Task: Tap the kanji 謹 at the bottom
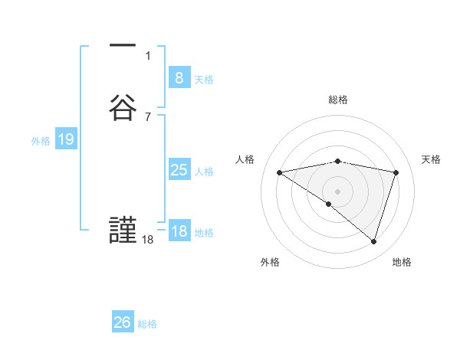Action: [x=123, y=231]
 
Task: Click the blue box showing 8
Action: [x=179, y=78]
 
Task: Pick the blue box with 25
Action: [x=179, y=170]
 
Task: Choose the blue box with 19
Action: [x=65, y=139]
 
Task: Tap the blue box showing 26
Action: [x=123, y=322]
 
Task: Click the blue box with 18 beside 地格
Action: [x=179, y=231]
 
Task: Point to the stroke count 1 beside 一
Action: [x=148, y=55]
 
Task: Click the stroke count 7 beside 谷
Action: [x=148, y=116]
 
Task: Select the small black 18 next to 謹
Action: [x=148, y=240]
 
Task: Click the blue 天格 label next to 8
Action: [x=204, y=79]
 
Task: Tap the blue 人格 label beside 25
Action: [x=204, y=171]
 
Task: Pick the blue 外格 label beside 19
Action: [x=41, y=140]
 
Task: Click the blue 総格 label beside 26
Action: [x=147, y=323]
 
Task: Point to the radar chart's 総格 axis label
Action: [x=338, y=100]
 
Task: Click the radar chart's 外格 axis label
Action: [x=270, y=262]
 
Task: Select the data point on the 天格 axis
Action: [x=396, y=172]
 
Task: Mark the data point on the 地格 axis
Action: [x=373, y=241]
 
